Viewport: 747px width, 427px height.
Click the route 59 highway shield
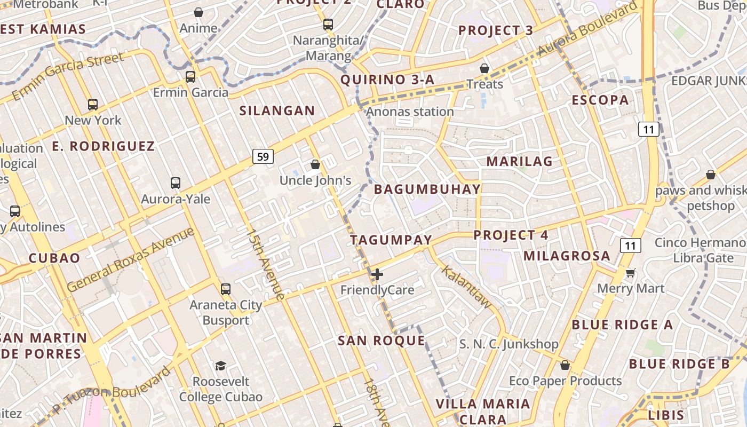(263, 156)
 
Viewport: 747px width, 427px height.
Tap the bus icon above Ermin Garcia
(190, 77)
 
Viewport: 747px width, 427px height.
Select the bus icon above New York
(93, 105)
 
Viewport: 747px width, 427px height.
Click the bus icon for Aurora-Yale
(176, 183)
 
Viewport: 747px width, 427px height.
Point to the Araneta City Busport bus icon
(226, 289)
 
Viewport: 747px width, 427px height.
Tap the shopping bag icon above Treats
(484, 68)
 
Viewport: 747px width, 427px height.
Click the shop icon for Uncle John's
(315, 164)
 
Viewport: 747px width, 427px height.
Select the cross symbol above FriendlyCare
(377, 275)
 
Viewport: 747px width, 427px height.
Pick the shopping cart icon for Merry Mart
(631, 273)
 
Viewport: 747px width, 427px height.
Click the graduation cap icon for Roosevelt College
(220, 366)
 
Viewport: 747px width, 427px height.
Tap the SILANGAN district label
(277, 111)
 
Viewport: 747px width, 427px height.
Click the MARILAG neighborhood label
(519, 161)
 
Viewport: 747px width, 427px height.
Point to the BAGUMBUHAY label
(427, 189)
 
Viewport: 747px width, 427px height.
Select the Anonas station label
(410, 112)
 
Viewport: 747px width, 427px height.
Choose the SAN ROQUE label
(382, 341)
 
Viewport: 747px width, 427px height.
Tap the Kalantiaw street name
(465, 287)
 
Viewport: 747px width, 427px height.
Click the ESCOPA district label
(600, 100)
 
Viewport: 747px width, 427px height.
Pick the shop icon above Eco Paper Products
(565, 366)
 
